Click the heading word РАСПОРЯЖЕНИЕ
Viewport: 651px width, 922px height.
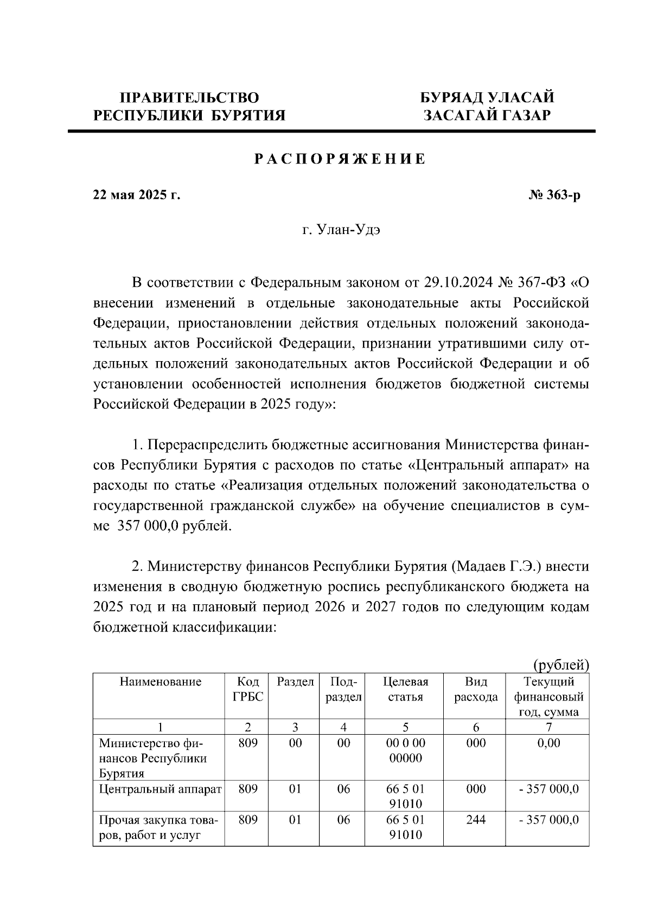[340, 160]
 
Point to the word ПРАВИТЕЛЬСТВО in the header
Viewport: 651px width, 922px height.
[189, 98]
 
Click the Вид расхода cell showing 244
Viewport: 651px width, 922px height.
[476, 820]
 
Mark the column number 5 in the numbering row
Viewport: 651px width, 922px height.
[405, 728]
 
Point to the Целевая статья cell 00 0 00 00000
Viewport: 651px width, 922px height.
[405, 750]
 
